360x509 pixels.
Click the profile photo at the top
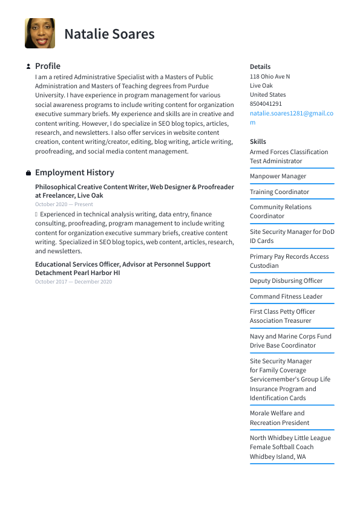pyautogui.click(x=40, y=33)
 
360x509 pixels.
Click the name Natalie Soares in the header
pyautogui.click(x=110, y=34)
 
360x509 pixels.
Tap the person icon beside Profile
pyautogui.click(x=28, y=66)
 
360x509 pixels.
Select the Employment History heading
pyautogui.click(x=74, y=172)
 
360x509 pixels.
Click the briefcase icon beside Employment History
pyautogui.click(x=28, y=173)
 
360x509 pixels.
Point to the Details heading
pyautogui.click(x=260, y=66)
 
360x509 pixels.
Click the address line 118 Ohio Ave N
pyautogui.click(x=270, y=77)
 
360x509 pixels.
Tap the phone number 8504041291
pyautogui.click(x=266, y=104)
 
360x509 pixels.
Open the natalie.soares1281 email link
pyautogui.click(x=291, y=113)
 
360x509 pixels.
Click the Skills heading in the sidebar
pyautogui.click(x=258, y=141)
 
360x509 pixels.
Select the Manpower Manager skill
pyautogui.click(x=278, y=177)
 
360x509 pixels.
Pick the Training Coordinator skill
pyautogui.click(x=280, y=192)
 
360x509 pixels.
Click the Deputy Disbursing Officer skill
pyautogui.click(x=286, y=280)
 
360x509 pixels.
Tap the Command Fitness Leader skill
pyautogui.click(x=286, y=296)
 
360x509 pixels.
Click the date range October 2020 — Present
pyautogui.click(x=64, y=204)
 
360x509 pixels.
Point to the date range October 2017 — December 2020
pyautogui.click(x=73, y=282)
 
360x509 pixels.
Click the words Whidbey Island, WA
pyautogui.click(x=278, y=456)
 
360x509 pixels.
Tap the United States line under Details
pyautogui.click(x=268, y=95)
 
